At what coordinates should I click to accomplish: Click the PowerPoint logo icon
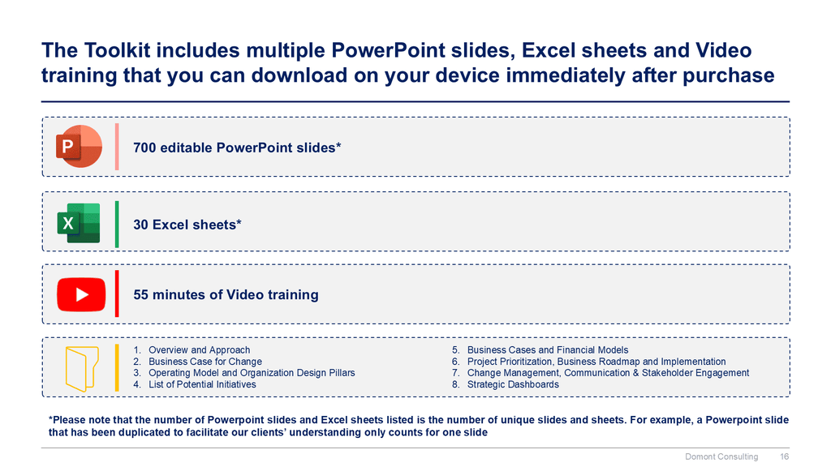(79, 146)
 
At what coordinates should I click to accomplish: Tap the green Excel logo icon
(79, 223)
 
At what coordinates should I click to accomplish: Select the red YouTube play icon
(81, 294)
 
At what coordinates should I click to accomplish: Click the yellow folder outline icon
(82, 369)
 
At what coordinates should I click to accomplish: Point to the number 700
(144, 148)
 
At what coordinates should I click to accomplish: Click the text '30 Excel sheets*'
(187, 225)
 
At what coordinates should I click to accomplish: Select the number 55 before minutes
(140, 294)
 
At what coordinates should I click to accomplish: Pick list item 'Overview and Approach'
(200, 350)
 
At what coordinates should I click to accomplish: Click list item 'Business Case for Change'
(205, 362)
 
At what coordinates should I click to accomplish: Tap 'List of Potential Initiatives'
(202, 384)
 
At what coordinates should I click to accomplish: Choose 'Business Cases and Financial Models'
(548, 350)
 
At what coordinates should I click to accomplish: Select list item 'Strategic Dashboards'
(513, 384)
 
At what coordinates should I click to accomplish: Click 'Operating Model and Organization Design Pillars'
(252, 373)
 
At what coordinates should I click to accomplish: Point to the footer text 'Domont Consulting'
(721, 456)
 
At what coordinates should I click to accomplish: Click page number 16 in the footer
(785, 456)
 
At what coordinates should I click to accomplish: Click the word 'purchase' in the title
(729, 75)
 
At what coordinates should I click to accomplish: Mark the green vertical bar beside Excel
(117, 224)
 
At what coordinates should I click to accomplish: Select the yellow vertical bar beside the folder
(117, 368)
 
